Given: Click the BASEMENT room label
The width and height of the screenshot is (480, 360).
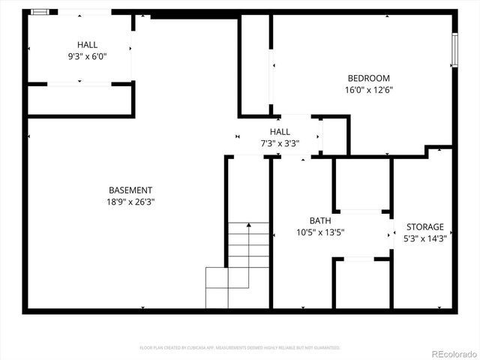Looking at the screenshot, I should pyautogui.click(x=130, y=190).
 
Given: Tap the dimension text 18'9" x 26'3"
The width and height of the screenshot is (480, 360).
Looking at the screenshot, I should pyautogui.click(x=130, y=202).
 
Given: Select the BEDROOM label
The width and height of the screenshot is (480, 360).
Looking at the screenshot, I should pyautogui.click(x=368, y=78).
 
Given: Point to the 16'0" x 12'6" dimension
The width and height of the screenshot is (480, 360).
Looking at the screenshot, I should pyautogui.click(x=368, y=90).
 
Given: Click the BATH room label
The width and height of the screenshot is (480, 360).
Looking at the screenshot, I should pyautogui.click(x=320, y=220).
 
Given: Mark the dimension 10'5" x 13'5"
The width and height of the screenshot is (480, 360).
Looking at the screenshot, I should pyautogui.click(x=320, y=232).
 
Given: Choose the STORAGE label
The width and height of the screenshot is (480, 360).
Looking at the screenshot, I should pyautogui.click(x=425, y=226).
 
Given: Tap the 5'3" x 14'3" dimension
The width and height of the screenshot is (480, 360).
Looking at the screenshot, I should pyautogui.click(x=425, y=238).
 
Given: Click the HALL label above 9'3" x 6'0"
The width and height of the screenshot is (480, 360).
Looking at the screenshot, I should pyautogui.click(x=87, y=45).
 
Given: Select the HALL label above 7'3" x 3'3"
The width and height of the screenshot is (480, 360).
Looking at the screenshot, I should pyautogui.click(x=280, y=131).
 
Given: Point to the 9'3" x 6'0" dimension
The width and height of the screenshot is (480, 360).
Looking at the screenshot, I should pyautogui.click(x=87, y=56).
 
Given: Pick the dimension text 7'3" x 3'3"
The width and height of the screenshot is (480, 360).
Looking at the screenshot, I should pyautogui.click(x=280, y=142).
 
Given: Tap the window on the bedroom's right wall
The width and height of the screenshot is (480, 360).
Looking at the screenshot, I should pyautogui.click(x=454, y=50).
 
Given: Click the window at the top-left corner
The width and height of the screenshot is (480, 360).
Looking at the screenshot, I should pyautogui.click(x=43, y=12).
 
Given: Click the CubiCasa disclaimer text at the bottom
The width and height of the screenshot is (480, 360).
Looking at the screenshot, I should pyautogui.click(x=240, y=347).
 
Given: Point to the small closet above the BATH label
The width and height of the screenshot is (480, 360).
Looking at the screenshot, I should pyautogui.click(x=362, y=184).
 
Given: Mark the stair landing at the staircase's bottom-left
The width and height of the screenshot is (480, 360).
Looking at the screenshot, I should pyautogui.click(x=216, y=287).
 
